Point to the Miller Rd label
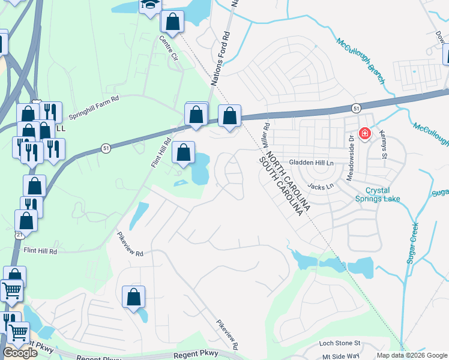pos(265,135)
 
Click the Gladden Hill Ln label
pos(311,163)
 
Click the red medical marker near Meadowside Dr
pos(364,133)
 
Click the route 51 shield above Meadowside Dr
pos(356,108)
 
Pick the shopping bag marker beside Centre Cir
pos(172,22)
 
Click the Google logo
pos(20,353)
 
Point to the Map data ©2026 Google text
pos(411,355)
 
